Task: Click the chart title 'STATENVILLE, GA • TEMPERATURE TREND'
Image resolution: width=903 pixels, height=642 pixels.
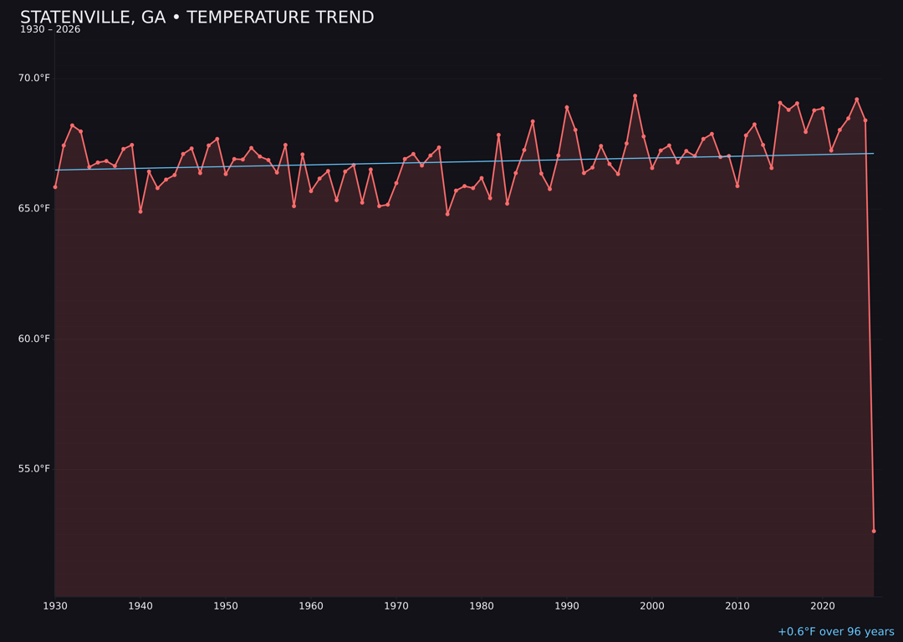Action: point(196,18)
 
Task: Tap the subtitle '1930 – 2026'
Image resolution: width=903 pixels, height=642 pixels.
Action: point(50,30)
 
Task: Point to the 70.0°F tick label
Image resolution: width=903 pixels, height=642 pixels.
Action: point(34,79)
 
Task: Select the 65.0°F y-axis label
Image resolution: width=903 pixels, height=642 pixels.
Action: point(34,208)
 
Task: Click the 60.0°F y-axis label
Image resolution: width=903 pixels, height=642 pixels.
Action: point(34,339)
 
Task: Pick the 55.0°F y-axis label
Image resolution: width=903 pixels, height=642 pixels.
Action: point(34,469)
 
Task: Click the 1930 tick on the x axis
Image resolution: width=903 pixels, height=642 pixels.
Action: point(55,606)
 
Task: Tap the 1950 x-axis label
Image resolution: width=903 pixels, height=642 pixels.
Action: point(226,606)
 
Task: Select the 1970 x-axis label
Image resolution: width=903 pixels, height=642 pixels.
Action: point(396,606)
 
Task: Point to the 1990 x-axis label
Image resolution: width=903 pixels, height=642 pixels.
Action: point(567,606)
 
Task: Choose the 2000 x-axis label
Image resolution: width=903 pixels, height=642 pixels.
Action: point(652,606)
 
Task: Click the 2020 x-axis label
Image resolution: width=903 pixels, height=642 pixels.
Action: point(823,606)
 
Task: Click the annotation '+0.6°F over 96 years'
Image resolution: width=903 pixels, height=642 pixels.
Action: point(835,632)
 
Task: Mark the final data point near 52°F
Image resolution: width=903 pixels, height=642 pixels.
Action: point(874,531)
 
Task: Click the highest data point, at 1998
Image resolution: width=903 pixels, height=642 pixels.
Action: point(635,96)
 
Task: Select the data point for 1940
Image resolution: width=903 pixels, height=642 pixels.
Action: point(140,211)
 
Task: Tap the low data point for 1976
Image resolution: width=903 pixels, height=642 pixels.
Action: point(447,214)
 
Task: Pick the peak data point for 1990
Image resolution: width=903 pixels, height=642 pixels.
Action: point(567,107)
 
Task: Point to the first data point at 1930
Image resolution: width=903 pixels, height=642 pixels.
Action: point(55,187)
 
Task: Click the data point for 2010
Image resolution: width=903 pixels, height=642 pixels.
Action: point(737,186)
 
